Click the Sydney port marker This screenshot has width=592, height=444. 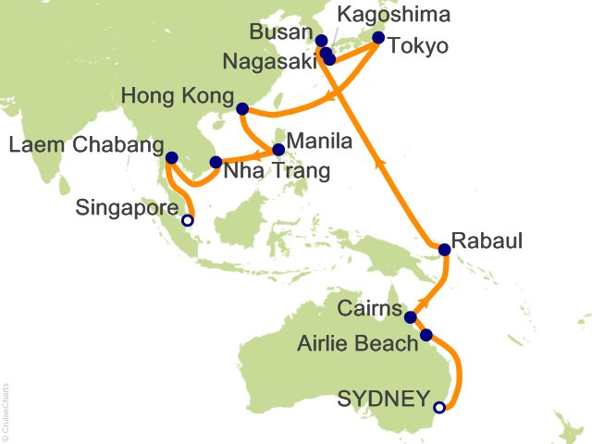click(439, 406)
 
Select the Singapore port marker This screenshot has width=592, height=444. click(188, 220)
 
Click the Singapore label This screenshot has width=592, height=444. click(138, 209)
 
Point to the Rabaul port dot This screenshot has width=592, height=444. click(445, 249)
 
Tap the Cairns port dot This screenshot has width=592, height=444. click(410, 318)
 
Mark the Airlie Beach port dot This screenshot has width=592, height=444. click(425, 335)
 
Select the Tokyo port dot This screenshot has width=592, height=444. click(377, 38)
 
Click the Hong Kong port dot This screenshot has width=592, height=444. click(241, 108)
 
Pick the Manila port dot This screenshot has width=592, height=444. click(278, 149)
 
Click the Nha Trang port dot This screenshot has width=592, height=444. click(216, 163)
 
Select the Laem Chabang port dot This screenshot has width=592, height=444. click(171, 157)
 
